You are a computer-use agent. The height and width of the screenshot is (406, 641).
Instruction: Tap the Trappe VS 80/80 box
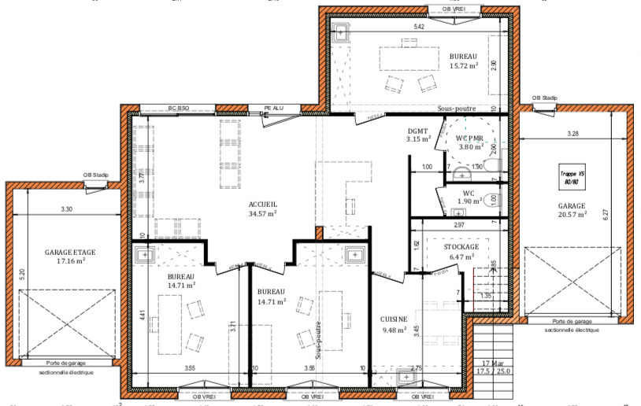pos(572,177)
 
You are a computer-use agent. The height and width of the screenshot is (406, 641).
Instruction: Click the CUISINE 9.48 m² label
pos(394,324)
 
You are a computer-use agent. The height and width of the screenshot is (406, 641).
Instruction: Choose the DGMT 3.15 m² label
pos(418,135)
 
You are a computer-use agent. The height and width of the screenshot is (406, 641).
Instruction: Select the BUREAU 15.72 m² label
pos(463,61)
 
